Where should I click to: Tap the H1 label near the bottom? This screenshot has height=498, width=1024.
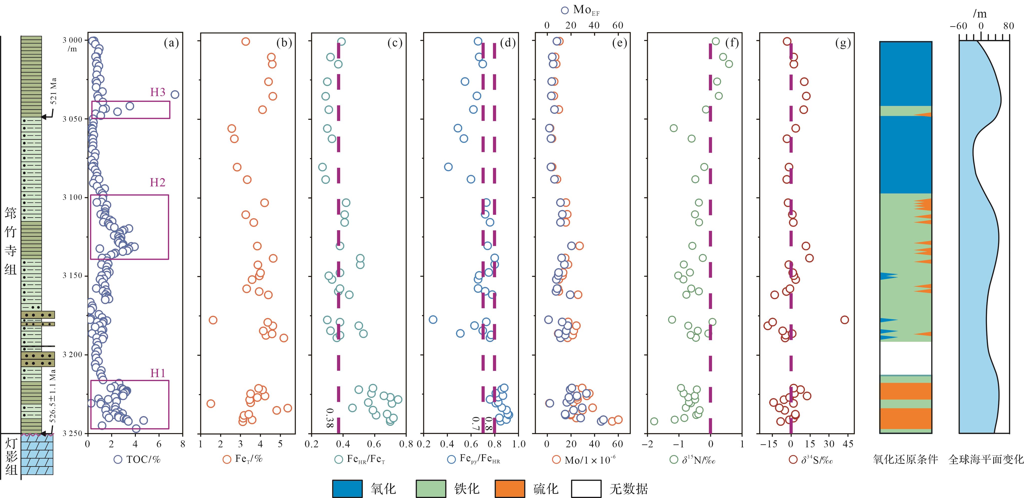pos(157,373)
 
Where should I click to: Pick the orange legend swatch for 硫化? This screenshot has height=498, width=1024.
pos(510,489)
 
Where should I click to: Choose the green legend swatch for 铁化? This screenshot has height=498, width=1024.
pos(431,489)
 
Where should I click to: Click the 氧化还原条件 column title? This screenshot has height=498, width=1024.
pos(905,460)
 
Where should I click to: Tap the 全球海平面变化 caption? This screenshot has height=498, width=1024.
pos(986,460)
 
